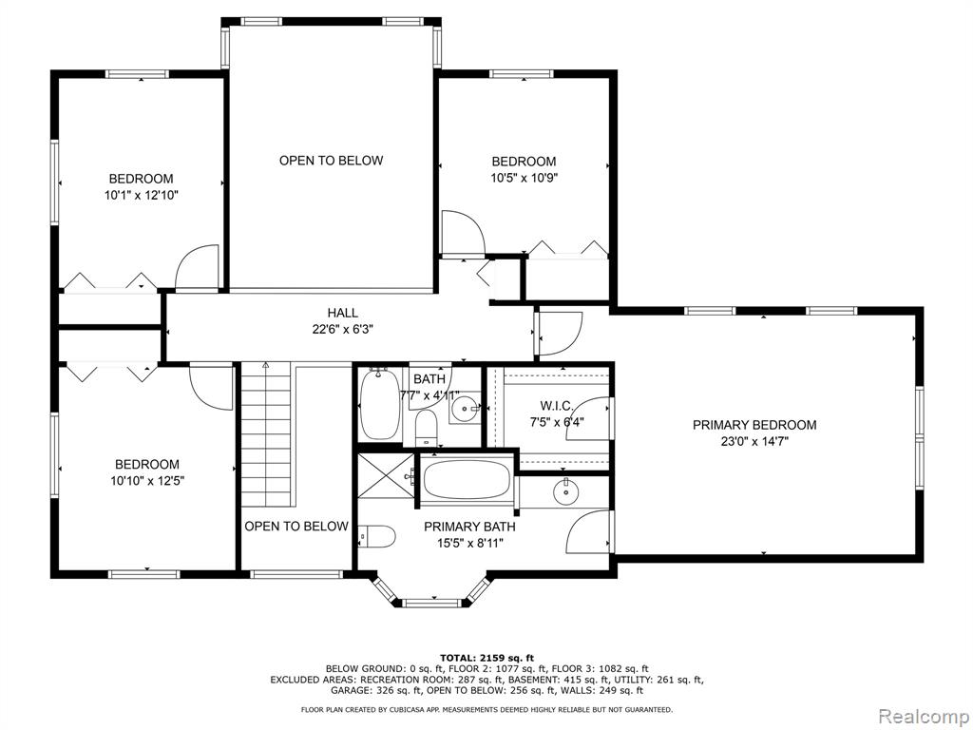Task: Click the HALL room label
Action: [x=342, y=314]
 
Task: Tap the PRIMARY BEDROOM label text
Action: [x=754, y=425]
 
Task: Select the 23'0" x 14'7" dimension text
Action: [x=754, y=442]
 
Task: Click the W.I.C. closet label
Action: [x=556, y=406]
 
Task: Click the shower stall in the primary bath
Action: [x=386, y=475]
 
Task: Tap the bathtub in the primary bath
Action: [x=467, y=479]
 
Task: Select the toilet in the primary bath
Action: [x=377, y=536]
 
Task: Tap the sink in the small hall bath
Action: [x=464, y=407]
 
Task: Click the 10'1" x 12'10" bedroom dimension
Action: [x=142, y=196]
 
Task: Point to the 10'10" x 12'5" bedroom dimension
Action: [x=147, y=481]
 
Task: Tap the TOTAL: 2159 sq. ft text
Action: [x=486, y=658]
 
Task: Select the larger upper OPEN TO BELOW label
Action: [x=331, y=161]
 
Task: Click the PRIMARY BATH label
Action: [x=469, y=527]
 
